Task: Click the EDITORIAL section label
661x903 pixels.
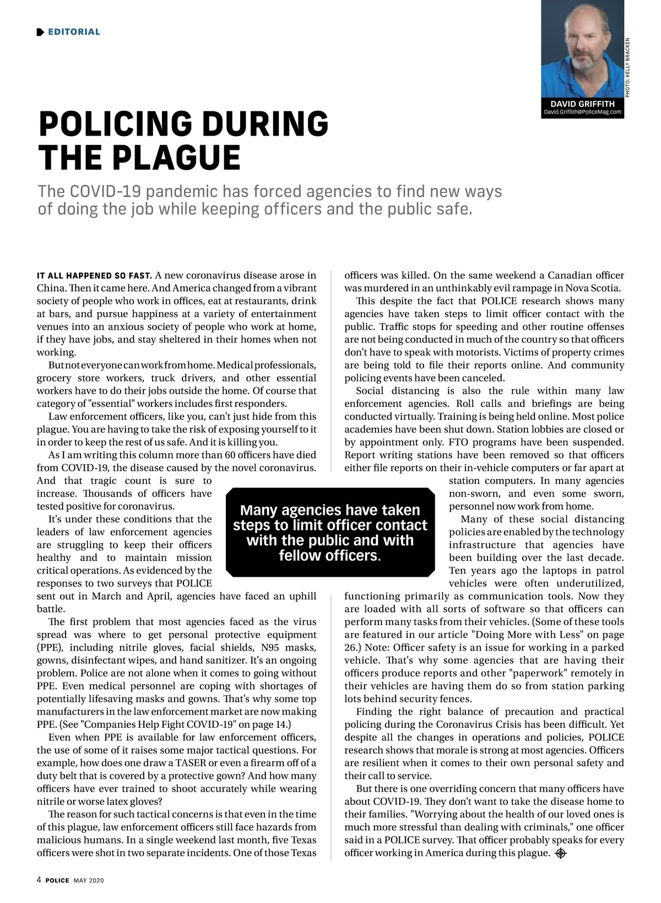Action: coord(74,32)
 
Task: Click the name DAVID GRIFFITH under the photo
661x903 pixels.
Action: coord(582,104)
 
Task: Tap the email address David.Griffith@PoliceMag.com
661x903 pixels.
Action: coord(582,112)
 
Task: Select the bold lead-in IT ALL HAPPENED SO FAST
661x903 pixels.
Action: coord(94,276)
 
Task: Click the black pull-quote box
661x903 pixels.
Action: coord(330,532)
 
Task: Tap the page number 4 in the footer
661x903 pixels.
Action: coord(39,880)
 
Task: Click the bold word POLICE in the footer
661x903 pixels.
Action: coord(57,880)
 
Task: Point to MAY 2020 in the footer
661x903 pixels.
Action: coord(89,880)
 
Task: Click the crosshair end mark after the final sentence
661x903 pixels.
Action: coord(561,853)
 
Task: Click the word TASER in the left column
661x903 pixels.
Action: coord(191,763)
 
